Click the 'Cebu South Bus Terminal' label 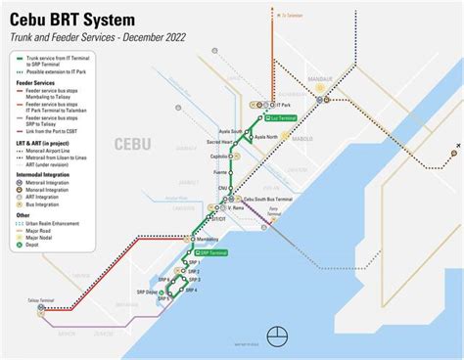tap(260, 199)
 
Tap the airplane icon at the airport tap(456, 153)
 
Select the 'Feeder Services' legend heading tap(29, 82)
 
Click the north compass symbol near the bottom tap(279, 336)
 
